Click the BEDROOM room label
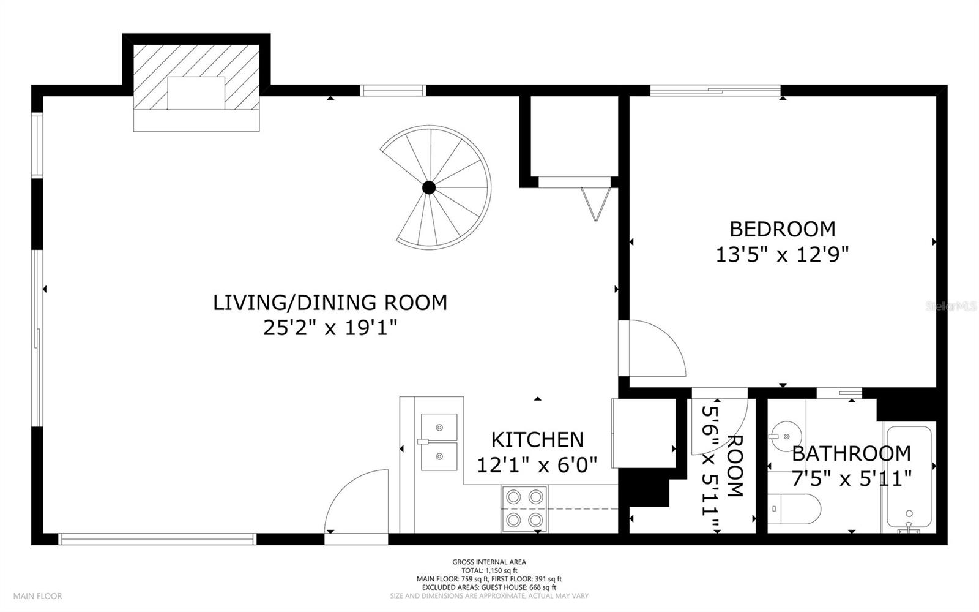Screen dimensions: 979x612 (x=783, y=229)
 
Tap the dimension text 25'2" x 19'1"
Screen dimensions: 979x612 (x=330, y=327)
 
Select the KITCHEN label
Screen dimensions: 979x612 (x=537, y=440)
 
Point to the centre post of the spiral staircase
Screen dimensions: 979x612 (x=429, y=187)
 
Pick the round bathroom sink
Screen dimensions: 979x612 (x=786, y=436)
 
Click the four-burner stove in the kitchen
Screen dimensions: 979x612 (x=524, y=508)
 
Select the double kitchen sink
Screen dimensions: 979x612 (x=439, y=442)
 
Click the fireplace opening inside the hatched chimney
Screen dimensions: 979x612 (x=196, y=93)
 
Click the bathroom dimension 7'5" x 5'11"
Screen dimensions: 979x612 (x=851, y=478)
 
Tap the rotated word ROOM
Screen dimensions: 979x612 (x=735, y=466)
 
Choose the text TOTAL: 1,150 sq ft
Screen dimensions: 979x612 (x=489, y=570)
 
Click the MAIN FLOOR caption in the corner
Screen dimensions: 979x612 (x=37, y=596)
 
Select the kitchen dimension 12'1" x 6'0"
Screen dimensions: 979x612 (x=537, y=465)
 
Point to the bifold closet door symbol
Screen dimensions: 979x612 (x=596, y=204)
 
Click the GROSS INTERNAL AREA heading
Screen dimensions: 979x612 (x=489, y=562)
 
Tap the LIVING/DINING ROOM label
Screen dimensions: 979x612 (x=330, y=303)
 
